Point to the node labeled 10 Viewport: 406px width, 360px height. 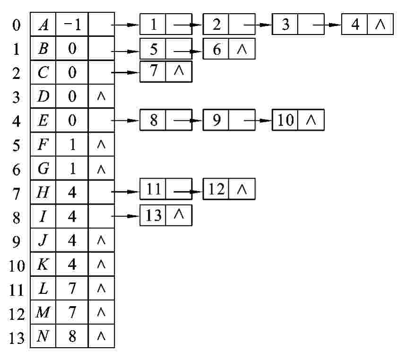pos(285,120)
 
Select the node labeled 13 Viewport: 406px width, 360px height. pos(153,215)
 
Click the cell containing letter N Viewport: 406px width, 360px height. pos(43,336)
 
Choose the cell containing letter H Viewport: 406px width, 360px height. pos(43,192)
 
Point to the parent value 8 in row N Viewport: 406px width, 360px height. pos(72,336)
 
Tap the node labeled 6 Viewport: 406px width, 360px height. pos(216,49)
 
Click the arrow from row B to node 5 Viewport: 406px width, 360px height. pos(125,49)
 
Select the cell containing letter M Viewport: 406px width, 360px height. pos(43,313)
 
